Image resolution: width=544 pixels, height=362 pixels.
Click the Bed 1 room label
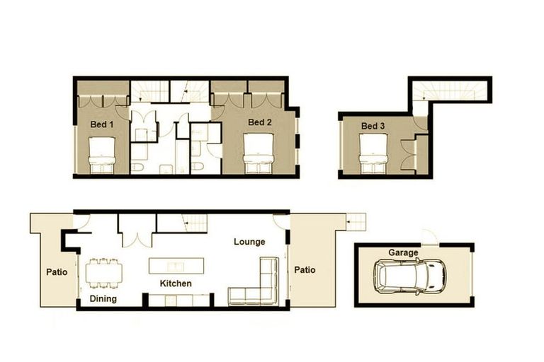point(101,124)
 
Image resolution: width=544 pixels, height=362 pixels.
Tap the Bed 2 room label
point(260,122)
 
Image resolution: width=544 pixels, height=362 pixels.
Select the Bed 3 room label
point(373,127)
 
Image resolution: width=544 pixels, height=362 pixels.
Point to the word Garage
point(403,252)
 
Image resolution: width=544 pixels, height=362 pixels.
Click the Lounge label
point(249,242)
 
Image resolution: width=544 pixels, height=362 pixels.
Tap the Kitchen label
point(176,284)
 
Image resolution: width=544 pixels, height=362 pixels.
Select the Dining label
point(103,299)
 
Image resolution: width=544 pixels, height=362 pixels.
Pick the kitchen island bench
point(175,267)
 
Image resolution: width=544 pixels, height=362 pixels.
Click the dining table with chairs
point(103,273)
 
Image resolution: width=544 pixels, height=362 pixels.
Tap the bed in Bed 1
point(101,156)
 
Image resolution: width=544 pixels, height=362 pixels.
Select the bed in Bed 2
point(260,155)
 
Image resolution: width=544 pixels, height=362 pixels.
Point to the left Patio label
point(57,271)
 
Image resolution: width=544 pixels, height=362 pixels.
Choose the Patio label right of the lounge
point(305,269)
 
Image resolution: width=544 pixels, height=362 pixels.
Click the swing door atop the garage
point(427,236)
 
